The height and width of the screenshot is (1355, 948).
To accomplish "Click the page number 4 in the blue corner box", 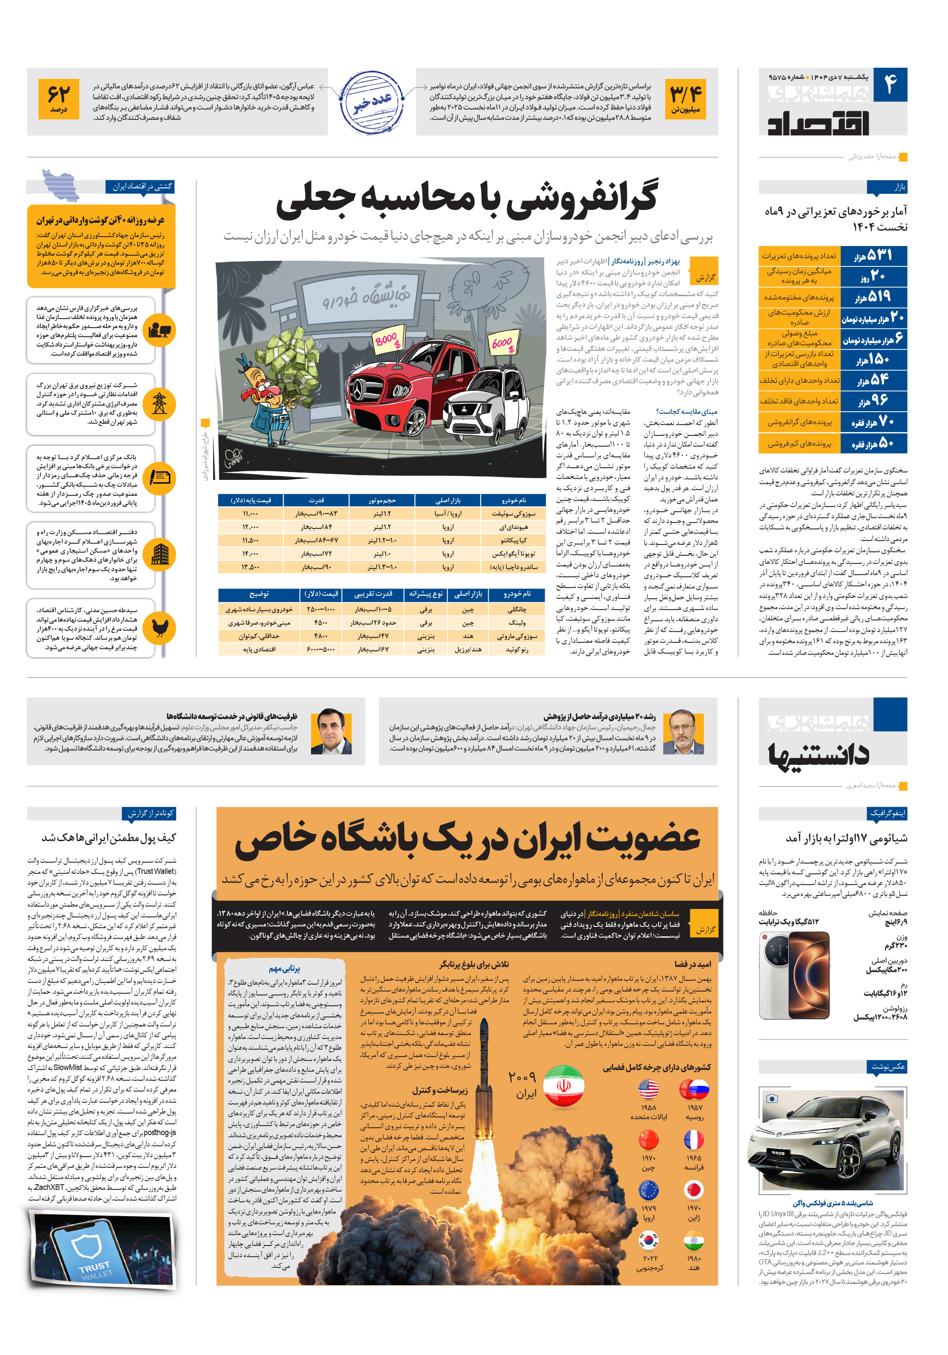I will pyautogui.click(x=891, y=84).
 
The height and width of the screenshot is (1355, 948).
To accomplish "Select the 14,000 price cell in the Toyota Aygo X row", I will pyautogui.click(x=250, y=554).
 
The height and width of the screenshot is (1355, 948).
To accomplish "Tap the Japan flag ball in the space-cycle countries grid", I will pyautogui.click(x=694, y=1189).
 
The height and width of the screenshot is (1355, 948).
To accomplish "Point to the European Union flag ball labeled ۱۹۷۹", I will pyautogui.click(x=649, y=1189).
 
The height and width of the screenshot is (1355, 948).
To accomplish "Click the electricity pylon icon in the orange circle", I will pyautogui.click(x=159, y=403).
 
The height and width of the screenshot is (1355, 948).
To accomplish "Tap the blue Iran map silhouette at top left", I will pyautogui.click(x=61, y=185).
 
